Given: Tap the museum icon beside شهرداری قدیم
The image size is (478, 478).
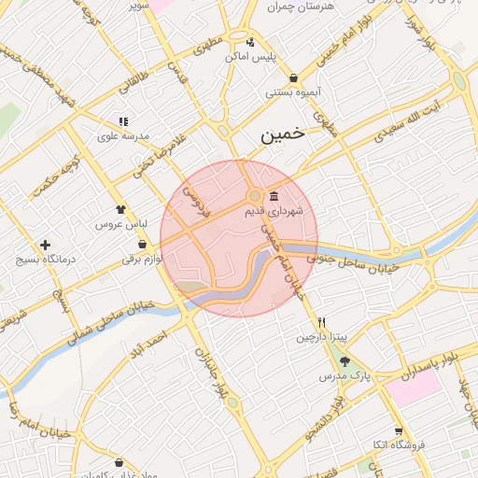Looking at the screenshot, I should coord(273,196).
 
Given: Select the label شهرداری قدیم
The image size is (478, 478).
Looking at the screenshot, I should coord(274,212).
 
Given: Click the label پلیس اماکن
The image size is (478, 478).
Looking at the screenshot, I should coord(251,57).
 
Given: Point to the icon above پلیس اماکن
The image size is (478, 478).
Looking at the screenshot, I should coord(250,41).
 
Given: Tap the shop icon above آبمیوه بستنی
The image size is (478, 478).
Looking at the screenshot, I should coord(294,77).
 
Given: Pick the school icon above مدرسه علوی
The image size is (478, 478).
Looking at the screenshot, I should coord(122,121).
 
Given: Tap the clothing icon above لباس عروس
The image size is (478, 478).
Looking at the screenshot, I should coord(120,210).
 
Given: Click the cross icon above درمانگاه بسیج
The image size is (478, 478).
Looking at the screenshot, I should coord(45,245).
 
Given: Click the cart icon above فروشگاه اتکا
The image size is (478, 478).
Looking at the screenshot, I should coord(399,431).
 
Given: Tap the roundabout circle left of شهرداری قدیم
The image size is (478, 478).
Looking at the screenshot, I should coord(254,196).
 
